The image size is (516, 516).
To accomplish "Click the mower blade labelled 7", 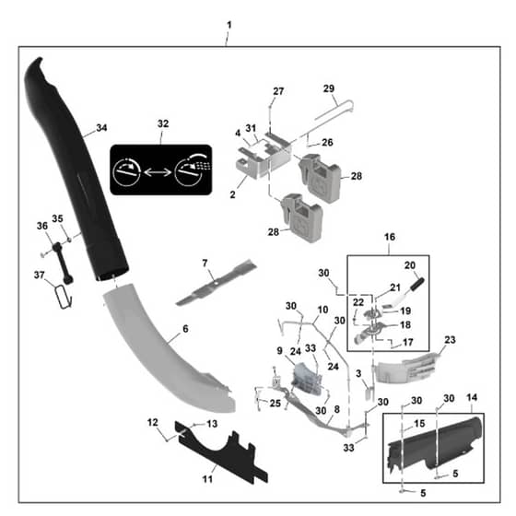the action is pos(217,283).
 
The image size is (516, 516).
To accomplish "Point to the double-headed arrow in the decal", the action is pos(158,171).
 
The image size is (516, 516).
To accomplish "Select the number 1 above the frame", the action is pos(229,25).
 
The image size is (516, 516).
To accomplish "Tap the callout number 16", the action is pos(390,237).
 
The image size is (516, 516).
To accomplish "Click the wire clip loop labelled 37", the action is pos(64,297).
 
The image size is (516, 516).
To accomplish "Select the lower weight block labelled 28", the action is pos(300,217).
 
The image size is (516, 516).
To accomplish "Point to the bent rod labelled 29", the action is pos(333,116).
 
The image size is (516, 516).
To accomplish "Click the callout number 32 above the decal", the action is pos(163,123).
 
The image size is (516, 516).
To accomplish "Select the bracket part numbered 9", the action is pos(306,378).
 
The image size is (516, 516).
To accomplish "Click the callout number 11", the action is pos(207,479).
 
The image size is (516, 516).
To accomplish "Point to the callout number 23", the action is pos(450,340).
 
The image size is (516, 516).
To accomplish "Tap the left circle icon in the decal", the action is pos(127,171).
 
